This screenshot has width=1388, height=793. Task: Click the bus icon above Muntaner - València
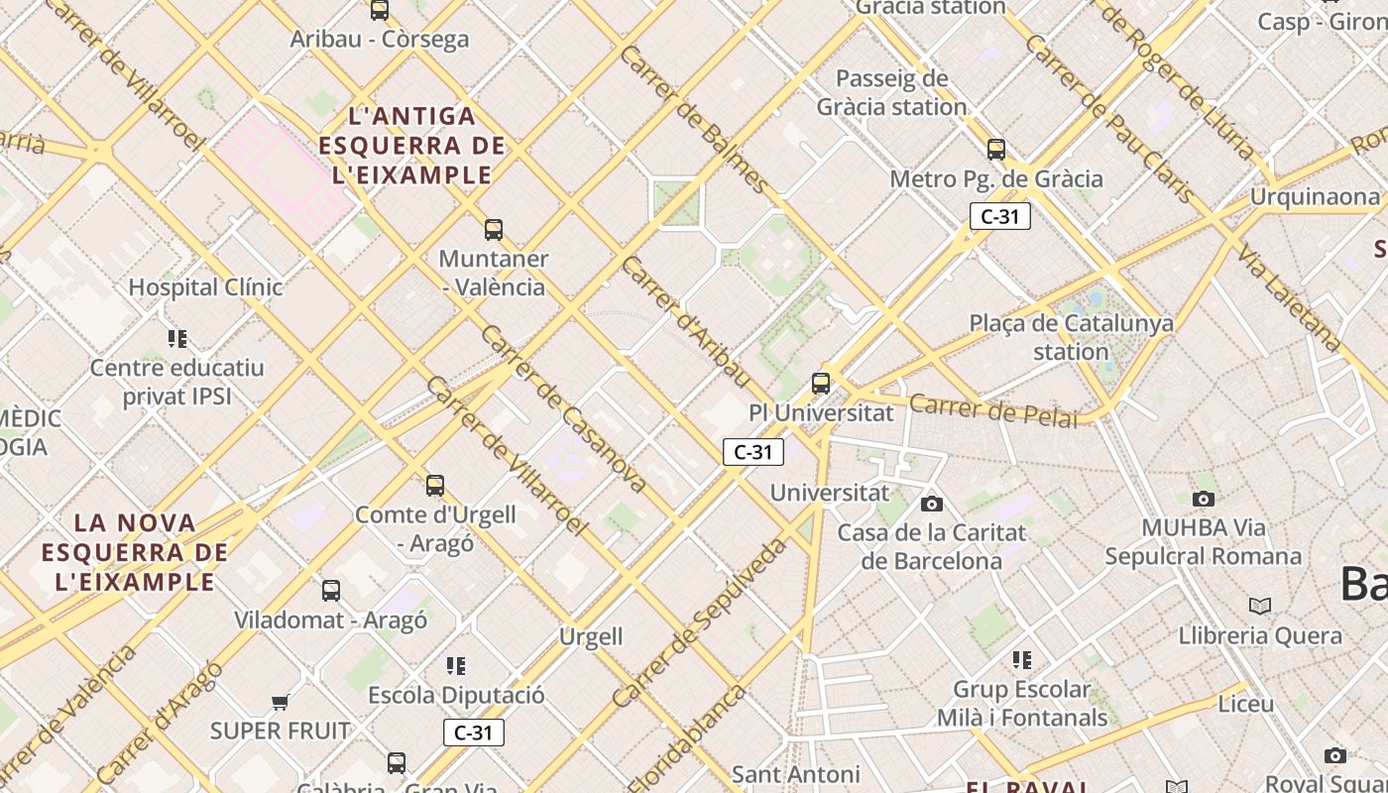[x=494, y=230]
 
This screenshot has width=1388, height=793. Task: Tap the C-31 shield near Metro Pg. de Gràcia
[x=999, y=216]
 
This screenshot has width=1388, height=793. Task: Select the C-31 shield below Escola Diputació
[x=473, y=733]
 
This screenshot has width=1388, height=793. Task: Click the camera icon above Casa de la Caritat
[x=932, y=504]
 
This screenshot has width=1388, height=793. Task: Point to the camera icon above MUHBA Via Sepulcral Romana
[x=1204, y=499]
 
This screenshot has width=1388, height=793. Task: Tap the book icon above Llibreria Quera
[x=1259, y=606]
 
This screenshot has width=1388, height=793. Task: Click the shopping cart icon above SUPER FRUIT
[x=281, y=702]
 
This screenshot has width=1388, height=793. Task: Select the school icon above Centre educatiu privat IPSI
[x=177, y=339]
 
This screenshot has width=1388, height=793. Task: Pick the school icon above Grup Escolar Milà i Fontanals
[x=1022, y=660]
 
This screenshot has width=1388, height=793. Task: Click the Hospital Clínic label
[x=205, y=287]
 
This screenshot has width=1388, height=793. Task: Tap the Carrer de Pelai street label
[x=992, y=410]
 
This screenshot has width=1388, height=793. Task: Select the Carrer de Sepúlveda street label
[x=699, y=623]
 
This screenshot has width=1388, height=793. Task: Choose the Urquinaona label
[x=1314, y=196]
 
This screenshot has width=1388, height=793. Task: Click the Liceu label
[x=1245, y=704]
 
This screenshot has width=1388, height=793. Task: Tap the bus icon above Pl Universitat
[x=821, y=383]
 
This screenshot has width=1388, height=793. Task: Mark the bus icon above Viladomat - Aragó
[x=331, y=591]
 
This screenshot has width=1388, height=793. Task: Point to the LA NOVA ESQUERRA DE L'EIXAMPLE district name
[x=135, y=552]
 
